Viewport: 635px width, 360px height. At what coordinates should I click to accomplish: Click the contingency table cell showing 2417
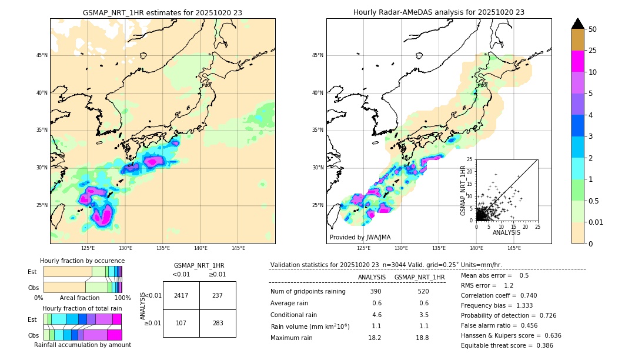(x=181, y=295)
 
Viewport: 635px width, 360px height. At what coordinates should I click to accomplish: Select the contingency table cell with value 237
(x=218, y=295)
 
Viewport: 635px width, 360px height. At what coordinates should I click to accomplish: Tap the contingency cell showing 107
(x=181, y=323)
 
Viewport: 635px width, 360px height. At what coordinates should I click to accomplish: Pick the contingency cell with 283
(x=218, y=323)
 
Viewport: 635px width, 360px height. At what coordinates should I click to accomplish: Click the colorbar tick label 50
(x=593, y=29)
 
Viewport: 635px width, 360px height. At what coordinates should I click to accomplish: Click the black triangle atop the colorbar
(x=578, y=24)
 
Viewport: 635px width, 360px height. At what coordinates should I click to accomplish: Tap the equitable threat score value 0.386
(x=542, y=345)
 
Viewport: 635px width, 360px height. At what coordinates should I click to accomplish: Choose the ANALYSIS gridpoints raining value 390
(x=375, y=291)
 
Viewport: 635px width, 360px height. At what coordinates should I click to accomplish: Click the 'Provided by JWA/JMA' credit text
(x=360, y=238)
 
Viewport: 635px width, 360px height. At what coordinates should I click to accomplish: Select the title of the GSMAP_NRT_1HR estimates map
(x=162, y=12)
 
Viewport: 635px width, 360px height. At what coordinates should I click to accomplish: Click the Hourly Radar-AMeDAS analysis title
(x=439, y=12)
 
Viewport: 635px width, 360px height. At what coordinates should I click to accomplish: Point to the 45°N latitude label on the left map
(x=42, y=55)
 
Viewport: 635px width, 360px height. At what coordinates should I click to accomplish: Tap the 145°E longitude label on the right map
(x=514, y=248)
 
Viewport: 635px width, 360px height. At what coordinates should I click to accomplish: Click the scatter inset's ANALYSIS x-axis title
(x=506, y=232)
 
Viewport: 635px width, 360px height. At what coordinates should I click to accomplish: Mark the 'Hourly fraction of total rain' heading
(x=82, y=308)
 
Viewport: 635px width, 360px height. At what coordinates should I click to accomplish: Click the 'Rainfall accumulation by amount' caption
(x=83, y=345)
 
